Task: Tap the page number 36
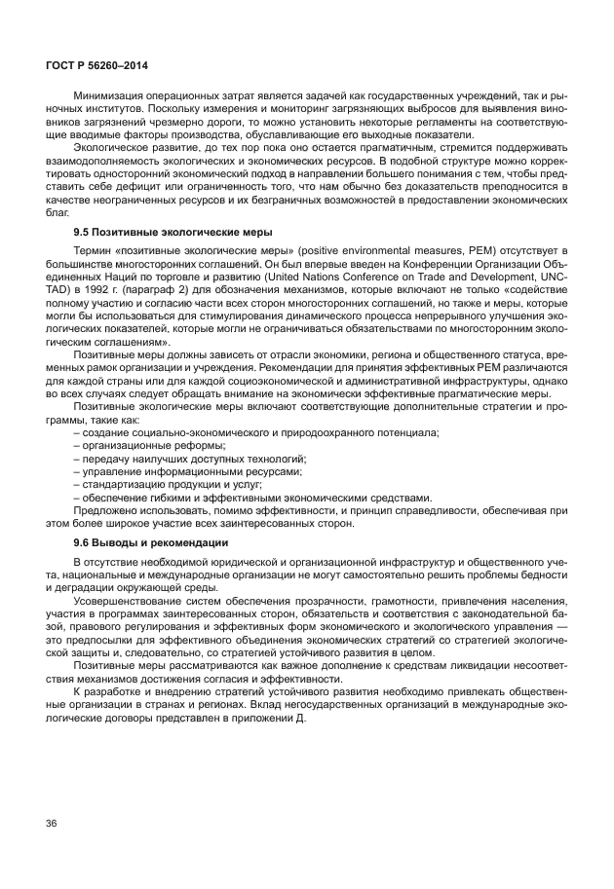(51, 824)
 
